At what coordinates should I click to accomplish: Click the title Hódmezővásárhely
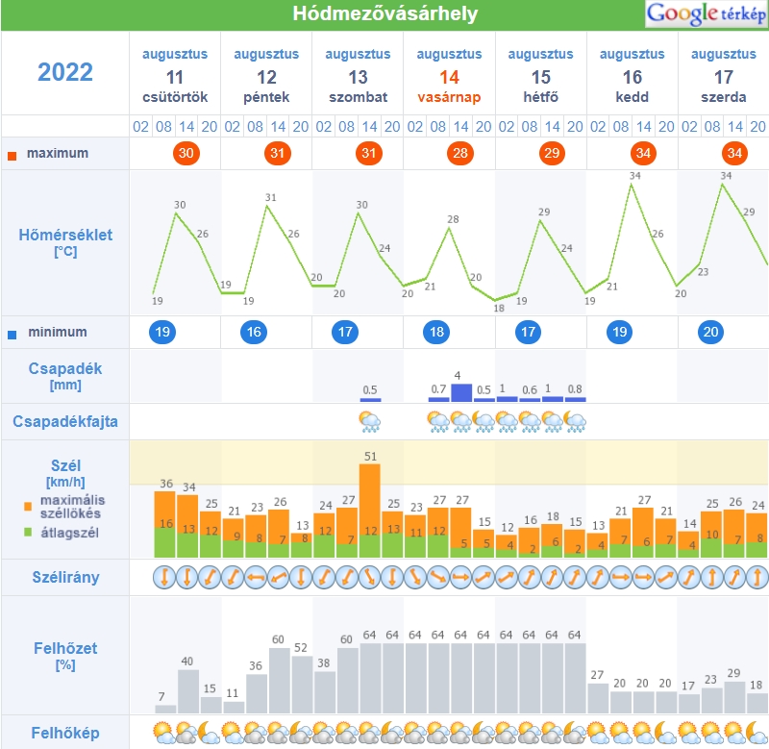[384, 14]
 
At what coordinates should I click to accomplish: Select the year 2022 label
[65, 72]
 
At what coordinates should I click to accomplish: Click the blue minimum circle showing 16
[255, 333]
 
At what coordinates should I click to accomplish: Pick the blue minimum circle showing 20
[711, 333]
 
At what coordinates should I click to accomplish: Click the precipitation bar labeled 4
[461, 392]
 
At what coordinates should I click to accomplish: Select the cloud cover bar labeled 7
[165, 709]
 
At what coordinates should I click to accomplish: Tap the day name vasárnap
[449, 97]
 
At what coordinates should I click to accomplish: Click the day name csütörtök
[175, 97]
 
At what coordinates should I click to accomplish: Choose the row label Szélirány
[65, 578]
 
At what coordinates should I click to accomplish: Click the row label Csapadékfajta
[65, 421]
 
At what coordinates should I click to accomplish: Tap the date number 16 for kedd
[632, 77]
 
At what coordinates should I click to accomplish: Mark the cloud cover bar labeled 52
[302, 685]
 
